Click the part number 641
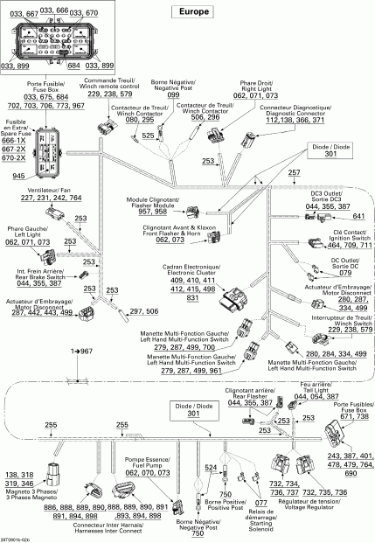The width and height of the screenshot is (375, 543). click(x=358, y=215)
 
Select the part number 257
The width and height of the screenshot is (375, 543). click(x=294, y=174)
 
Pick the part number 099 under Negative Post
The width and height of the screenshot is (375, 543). click(x=172, y=94)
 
